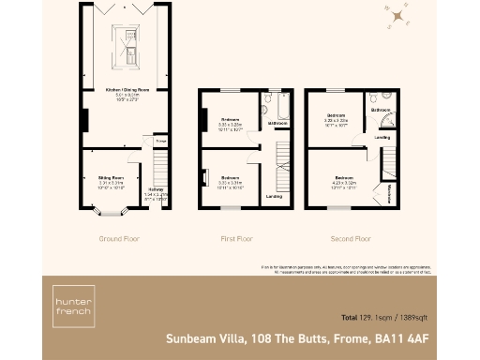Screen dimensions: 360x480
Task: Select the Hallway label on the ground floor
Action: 156,188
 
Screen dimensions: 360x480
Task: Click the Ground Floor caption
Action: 119,239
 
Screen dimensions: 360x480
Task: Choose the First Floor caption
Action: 237,239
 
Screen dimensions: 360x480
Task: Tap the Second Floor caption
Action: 352,239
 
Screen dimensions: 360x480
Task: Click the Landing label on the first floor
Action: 275,196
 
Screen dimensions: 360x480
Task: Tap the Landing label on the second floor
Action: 382,137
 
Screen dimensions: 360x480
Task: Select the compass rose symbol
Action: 400,16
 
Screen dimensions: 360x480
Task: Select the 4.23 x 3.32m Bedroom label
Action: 344,180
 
